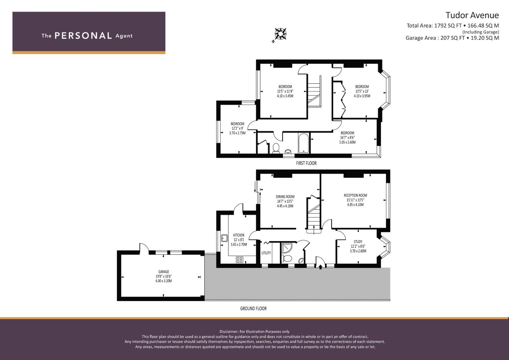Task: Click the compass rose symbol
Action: (x=280, y=34)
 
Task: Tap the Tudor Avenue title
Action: (x=472, y=15)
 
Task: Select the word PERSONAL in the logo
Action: (x=83, y=36)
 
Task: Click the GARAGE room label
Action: (x=164, y=272)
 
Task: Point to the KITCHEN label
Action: (x=239, y=235)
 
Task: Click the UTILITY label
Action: (x=266, y=253)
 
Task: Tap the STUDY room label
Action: (x=358, y=242)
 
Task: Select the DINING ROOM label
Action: (x=285, y=197)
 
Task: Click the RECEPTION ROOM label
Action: (x=355, y=195)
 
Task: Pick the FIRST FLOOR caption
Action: (x=306, y=163)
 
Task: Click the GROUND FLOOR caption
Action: (x=253, y=308)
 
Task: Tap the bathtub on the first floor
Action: (x=304, y=143)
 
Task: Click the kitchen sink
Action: (x=225, y=238)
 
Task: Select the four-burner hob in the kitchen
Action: (x=240, y=260)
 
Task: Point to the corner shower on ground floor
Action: (x=287, y=248)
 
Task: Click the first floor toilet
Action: (x=276, y=148)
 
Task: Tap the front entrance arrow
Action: (x=320, y=267)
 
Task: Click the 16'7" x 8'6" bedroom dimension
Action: (x=347, y=137)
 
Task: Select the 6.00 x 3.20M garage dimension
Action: (x=164, y=281)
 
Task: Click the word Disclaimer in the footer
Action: (x=229, y=331)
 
